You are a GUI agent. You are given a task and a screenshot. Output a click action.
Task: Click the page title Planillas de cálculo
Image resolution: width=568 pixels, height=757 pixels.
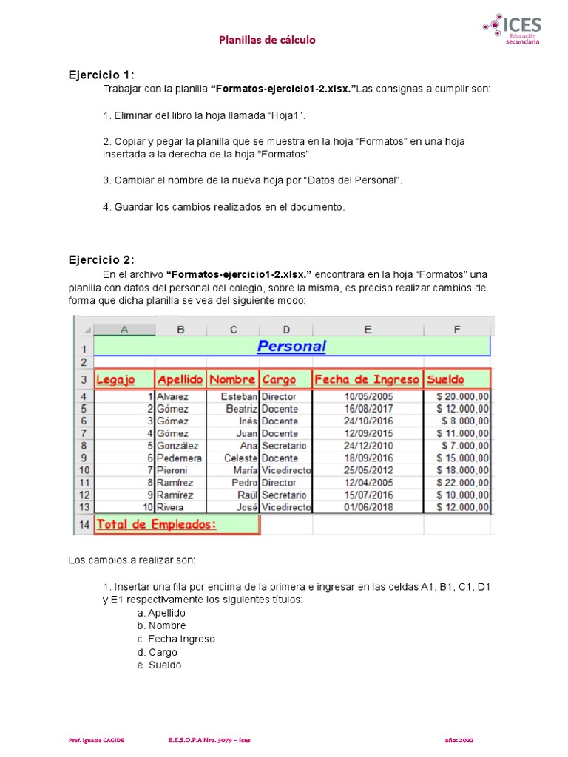[267, 40]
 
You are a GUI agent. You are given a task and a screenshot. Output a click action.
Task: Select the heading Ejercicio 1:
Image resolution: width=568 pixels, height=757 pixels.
[101, 75]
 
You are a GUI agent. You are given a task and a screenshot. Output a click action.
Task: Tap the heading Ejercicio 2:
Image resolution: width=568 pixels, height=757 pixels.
[101, 259]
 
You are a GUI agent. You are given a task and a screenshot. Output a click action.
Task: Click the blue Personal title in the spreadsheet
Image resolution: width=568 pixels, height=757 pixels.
[291, 346]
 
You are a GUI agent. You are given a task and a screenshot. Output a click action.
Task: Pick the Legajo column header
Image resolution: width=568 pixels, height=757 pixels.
[116, 380]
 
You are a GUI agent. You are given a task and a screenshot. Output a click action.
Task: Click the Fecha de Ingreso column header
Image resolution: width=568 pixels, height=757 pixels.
[367, 380]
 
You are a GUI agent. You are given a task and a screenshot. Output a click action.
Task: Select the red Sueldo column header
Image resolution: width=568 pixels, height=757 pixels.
[446, 380]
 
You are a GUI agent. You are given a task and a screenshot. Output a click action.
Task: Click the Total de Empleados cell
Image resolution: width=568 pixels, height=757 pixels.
[158, 524]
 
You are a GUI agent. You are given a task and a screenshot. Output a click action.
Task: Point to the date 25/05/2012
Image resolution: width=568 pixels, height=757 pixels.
[368, 470]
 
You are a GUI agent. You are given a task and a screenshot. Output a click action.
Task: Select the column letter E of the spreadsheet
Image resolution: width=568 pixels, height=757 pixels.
[368, 330]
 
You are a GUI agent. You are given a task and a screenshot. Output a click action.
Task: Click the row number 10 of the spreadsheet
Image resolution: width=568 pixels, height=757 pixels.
[84, 470]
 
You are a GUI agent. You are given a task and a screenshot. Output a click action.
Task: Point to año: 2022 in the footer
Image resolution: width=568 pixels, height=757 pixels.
[460, 739]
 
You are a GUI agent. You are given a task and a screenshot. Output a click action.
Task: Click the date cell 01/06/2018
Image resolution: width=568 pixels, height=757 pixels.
[368, 507]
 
